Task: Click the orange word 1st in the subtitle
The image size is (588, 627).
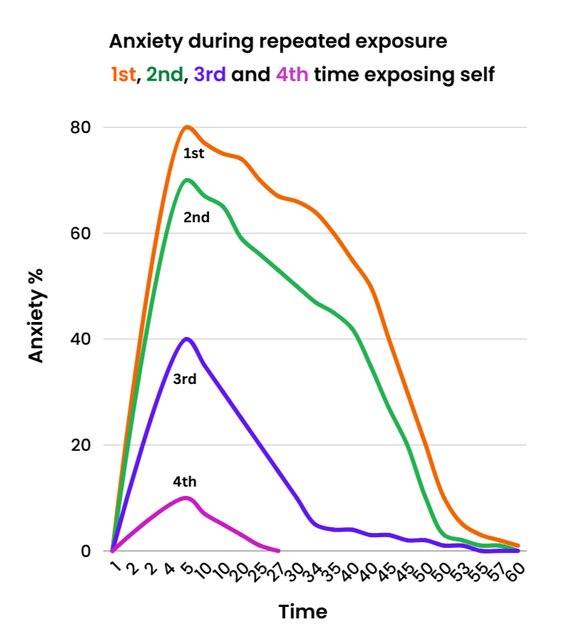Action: click(123, 74)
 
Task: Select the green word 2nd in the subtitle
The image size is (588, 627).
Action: click(165, 74)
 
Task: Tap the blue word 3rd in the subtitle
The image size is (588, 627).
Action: click(210, 74)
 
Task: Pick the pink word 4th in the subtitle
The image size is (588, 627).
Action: click(292, 74)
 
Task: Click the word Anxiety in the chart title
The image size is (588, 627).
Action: click(141, 41)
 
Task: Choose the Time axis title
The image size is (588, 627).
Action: click(303, 611)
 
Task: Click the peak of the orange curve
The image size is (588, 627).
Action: click(187, 127)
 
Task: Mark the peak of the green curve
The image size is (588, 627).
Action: click(187, 180)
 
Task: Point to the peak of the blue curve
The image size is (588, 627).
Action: click(187, 338)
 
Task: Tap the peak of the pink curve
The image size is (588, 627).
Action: click(187, 497)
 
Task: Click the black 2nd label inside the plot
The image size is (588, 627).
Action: click(197, 218)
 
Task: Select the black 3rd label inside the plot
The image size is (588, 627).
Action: click(185, 379)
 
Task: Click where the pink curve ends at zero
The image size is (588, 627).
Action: click(279, 551)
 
